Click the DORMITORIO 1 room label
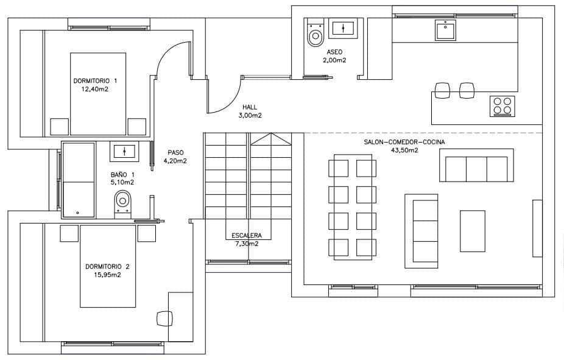point(95,80)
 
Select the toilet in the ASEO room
point(315,34)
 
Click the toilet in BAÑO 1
point(122,202)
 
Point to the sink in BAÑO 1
point(125,151)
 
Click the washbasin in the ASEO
point(345,28)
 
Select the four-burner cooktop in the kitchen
point(502,106)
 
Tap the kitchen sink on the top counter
point(446,29)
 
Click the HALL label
point(249,107)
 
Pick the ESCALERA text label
point(247,236)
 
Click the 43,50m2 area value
point(404,150)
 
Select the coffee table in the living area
point(473,230)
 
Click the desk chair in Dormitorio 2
point(164,318)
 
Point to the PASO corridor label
point(175,153)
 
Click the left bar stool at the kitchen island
point(442,90)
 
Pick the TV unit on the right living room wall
point(537,228)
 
